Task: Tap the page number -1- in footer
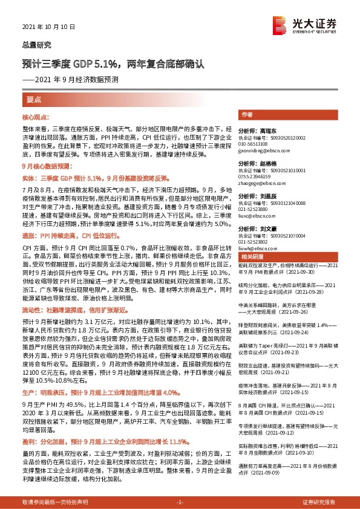pyautogui.click(x=180, y=502)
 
